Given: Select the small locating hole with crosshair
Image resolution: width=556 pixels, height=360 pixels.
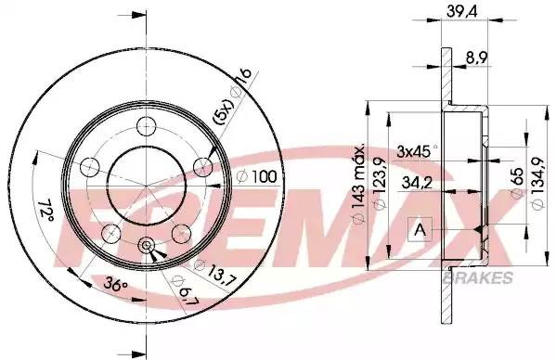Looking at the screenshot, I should [x=146, y=245].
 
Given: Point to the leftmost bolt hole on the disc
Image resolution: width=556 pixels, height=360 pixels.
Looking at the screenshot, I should [x=90, y=168].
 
